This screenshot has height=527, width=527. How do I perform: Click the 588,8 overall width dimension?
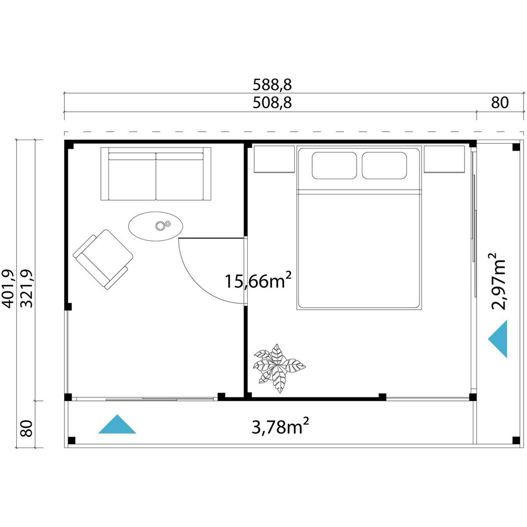[x=272, y=85]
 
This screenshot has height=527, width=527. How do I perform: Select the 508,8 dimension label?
[x=272, y=103]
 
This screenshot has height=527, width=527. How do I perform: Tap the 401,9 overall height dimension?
[x=7, y=289]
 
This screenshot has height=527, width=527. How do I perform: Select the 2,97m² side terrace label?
[x=498, y=282]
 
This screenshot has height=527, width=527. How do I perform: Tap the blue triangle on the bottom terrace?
[x=117, y=424]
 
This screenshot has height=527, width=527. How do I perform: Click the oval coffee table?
[x=155, y=227]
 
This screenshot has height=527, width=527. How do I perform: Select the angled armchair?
[x=103, y=259]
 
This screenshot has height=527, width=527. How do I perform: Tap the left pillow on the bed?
[x=334, y=166]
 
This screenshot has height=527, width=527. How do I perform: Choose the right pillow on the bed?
[x=384, y=166]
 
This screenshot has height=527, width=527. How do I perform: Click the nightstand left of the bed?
[x=274, y=159]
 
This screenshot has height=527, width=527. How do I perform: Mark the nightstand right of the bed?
[x=444, y=159]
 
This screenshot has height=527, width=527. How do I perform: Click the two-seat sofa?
[x=156, y=174]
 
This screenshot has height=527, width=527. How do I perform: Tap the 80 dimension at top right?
[x=500, y=103]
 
